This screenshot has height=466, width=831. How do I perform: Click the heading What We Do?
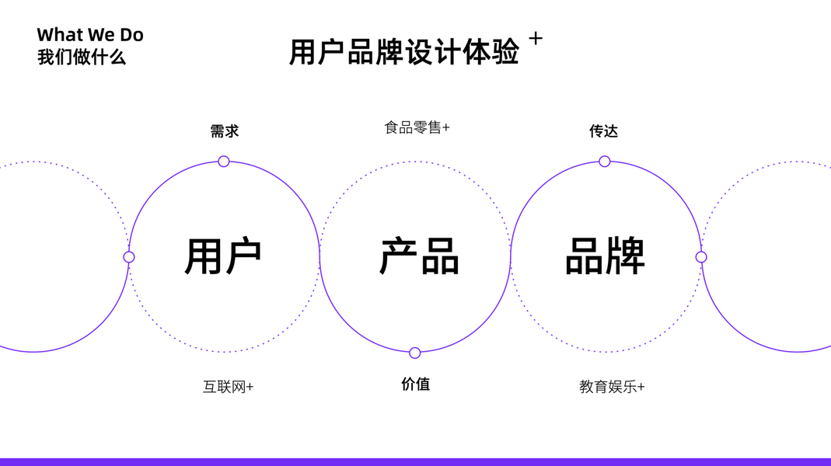point(90,35)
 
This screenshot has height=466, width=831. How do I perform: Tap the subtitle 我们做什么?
point(82,57)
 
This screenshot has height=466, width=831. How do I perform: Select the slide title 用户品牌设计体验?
point(404,52)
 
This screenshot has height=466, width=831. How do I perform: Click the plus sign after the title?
point(536,38)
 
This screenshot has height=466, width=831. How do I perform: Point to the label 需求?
point(225,131)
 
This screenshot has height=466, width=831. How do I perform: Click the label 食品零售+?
point(417,127)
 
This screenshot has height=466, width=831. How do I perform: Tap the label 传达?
point(603,131)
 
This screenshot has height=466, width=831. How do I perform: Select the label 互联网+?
point(228,387)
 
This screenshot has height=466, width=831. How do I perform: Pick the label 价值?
point(416,384)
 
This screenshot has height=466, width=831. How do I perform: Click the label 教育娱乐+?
point(612,387)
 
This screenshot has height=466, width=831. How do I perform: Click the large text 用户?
point(223,256)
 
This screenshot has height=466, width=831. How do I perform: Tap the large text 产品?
point(419,256)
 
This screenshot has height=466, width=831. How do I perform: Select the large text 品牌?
point(605,256)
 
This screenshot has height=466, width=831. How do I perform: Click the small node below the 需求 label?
point(224,162)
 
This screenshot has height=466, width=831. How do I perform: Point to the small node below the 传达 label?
point(604,162)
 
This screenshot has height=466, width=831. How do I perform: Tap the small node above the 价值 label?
point(415,353)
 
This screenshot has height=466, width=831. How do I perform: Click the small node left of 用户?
point(129,257)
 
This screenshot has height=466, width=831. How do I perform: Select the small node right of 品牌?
point(701,257)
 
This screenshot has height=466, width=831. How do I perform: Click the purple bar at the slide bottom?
point(415,462)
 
